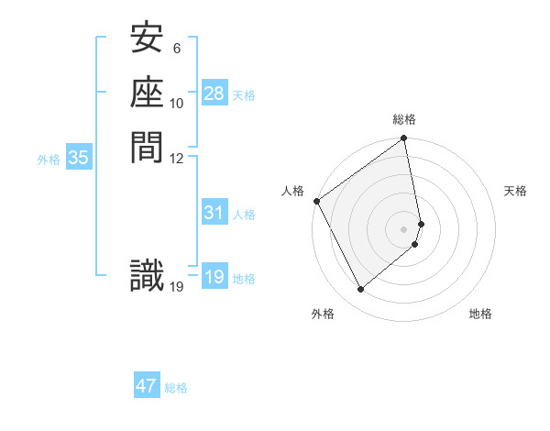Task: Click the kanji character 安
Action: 148,40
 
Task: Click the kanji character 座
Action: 148,94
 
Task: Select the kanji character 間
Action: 148,147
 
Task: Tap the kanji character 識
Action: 148,276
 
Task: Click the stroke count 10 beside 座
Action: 177,104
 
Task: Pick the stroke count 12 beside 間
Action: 177,157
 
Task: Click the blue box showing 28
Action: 214,94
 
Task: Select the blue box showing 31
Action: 214,213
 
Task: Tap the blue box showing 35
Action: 79,158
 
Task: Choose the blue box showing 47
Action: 147,386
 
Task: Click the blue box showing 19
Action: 214,277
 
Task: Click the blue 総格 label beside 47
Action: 176,388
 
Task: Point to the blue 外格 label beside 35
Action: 49,159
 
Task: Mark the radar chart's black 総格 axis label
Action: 404,119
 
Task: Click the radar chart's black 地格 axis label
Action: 480,314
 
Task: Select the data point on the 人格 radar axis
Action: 316,201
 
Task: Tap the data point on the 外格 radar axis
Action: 360,290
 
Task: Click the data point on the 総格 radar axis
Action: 404,139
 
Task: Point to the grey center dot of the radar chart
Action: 404,228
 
